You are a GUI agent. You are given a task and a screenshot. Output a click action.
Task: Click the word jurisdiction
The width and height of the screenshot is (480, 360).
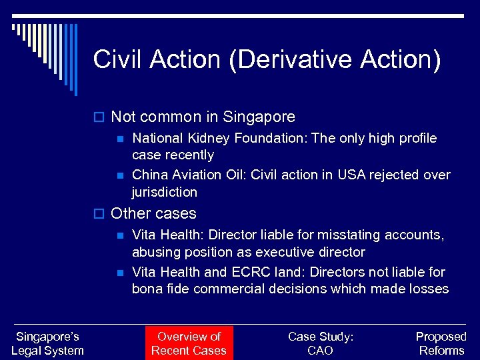tap(165, 192)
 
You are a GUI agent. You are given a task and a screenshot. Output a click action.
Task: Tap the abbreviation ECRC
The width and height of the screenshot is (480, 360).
tap(248, 272)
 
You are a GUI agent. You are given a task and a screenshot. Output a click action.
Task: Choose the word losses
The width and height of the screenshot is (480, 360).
tap(428, 289)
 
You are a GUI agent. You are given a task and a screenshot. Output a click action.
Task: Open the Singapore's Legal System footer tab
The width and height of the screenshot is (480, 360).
tap(47, 343)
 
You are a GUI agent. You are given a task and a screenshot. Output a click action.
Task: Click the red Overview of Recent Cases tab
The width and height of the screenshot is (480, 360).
tap(189, 343)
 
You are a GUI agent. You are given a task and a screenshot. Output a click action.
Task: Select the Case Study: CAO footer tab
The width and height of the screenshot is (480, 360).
tap(321, 343)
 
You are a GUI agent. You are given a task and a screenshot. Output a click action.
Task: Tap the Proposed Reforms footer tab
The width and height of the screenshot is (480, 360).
tap(441, 343)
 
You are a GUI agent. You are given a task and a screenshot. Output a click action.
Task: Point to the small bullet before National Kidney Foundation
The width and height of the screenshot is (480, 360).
tap(119, 139)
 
